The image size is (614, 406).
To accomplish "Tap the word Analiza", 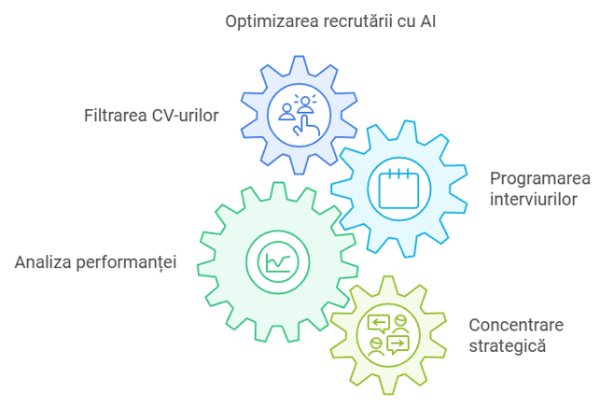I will click(42, 260).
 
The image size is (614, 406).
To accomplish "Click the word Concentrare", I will click(514, 325).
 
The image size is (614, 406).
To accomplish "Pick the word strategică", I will click(507, 345).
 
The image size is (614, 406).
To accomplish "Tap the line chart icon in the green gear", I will click(276, 260).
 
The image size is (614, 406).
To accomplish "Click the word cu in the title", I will click(402, 21).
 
